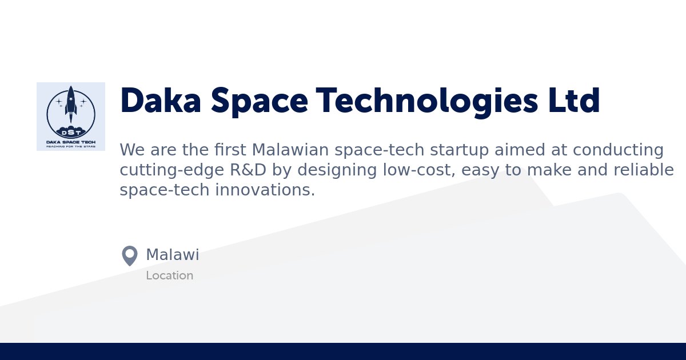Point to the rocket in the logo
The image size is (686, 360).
pyautogui.click(x=71, y=103)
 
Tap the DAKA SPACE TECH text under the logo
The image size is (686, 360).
pyautogui.click(x=71, y=141)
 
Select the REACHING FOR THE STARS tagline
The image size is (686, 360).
pyautogui.click(x=71, y=146)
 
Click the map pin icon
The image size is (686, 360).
pyautogui.click(x=130, y=255)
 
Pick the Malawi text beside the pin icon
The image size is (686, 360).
pyautogui.click(x=173, y=255)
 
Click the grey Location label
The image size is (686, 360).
pyautogui.click(x=169, y=275)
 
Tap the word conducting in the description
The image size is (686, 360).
pyautogui.click(x=618, y=150)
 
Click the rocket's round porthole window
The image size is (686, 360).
pyautogui.click(x=71, y=99)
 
